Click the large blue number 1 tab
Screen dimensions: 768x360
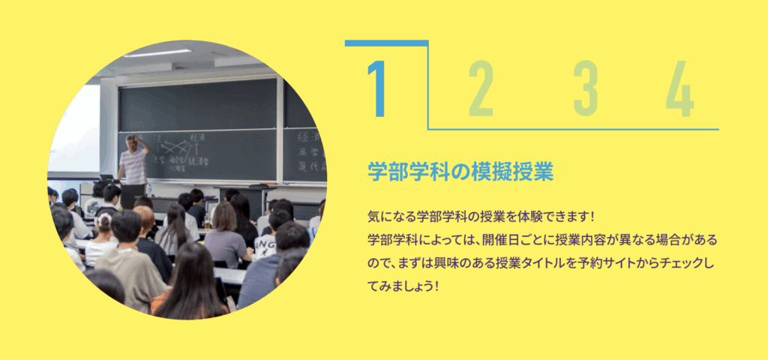(376, 88)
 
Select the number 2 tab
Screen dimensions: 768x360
(481, 88)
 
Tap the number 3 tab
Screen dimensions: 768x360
(586, 88)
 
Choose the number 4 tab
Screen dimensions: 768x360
(679, 88)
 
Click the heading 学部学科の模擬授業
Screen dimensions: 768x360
(460, 172)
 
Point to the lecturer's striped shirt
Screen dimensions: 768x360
(133, 166)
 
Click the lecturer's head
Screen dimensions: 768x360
(132, 142)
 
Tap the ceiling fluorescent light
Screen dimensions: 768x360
(157, 53)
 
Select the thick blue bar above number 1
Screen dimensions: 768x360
(387, 43)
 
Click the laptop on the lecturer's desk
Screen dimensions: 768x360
(106, 177)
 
